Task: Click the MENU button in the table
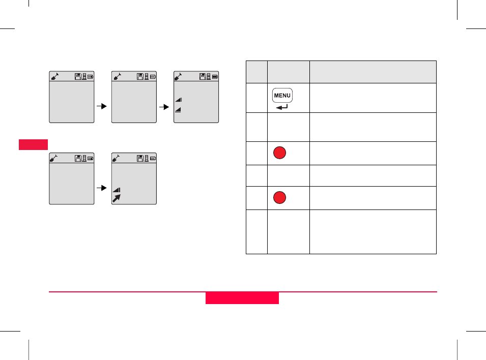pyautogui.click(x=282, y=95)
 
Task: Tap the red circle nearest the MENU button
pyautogui.click(x=279, y=153)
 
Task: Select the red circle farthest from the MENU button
pyautogui.click(x=279, y=198)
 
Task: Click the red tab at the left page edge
pyautogui.click(x=34, y=144)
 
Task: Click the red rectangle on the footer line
pyautogui.click(x=242, y=298)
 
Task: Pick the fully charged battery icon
pyautogui.click(x=215, y=77)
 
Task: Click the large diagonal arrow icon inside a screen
pyautogui.click(x=117, y=199)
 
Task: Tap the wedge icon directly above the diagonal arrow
pyautogui.click(x=117, y=190)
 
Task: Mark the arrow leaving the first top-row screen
pyautogui.click(x=102, y=107)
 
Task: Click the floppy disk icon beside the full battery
pyautogui.click(x=203, y=77)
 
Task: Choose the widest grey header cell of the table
pyautogui.click(x=373, y=72)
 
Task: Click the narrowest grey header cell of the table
pyautogui.click(x=256, y=72)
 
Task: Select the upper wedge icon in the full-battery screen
pyautogui.click(x=179, y=100)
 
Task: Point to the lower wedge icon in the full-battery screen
pyautogui.click(x=179, y=109)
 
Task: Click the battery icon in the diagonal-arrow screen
pyautogui.click(x=153, y=159)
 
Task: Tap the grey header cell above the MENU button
pyautogui.click(x=288, y=72)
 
